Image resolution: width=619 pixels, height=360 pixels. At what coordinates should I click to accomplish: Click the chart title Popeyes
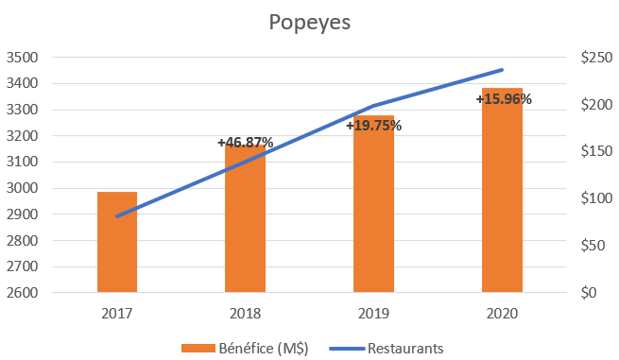(x=308, y=22)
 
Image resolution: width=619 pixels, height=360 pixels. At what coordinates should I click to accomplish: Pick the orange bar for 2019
(x=373, y=208)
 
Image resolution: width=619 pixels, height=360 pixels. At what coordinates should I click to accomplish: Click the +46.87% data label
(x=245, y=143)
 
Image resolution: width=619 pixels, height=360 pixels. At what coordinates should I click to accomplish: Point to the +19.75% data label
(x=373, y=125)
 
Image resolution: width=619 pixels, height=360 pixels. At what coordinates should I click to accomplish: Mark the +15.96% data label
(x=504, y=98)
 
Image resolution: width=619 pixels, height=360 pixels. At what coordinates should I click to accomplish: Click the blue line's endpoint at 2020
(x=502, y=70)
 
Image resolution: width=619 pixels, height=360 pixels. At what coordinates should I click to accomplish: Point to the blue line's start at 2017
(x=117, y=216)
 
